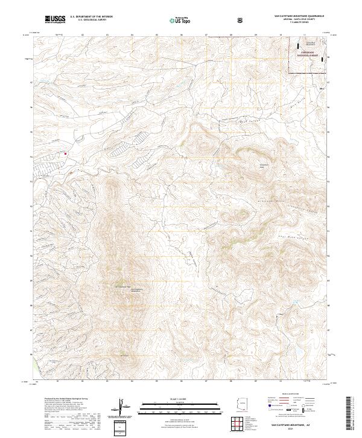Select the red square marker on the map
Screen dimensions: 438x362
pos(65,153)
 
